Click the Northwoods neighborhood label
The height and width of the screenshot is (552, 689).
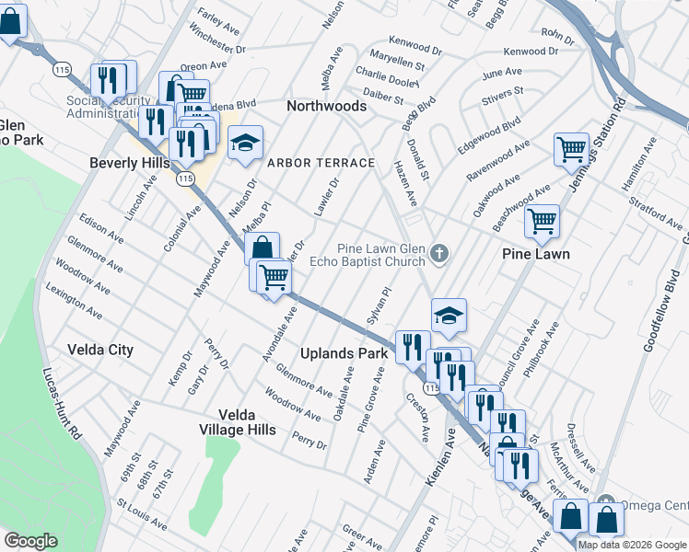tap(326, 107)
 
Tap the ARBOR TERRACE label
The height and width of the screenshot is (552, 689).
tap(321, 163)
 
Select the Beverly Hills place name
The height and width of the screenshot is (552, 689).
tap(129, 163)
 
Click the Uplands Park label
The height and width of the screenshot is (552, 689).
tap(344, 353)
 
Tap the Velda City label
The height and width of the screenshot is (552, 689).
tap(100, 350)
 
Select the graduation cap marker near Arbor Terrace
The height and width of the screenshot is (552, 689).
tap(245, 144)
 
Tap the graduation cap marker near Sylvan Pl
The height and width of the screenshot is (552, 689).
tap(449, 316)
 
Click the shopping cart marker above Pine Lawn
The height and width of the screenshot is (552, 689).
tap(543, 221)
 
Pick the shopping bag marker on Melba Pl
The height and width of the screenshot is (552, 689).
tap(263, 247)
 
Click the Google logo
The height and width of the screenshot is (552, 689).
tap(29, 541)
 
